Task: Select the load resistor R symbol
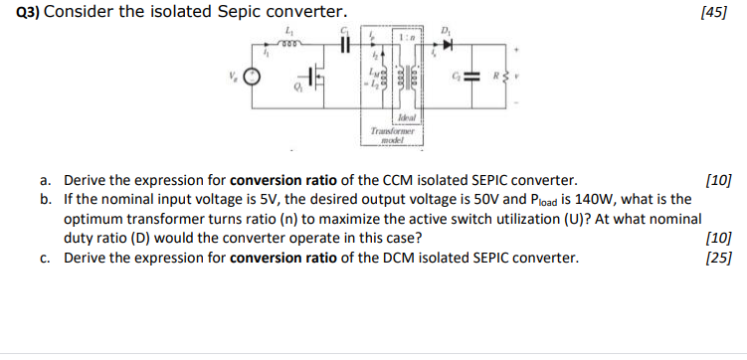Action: pyautogui.click(x=514, y=77)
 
